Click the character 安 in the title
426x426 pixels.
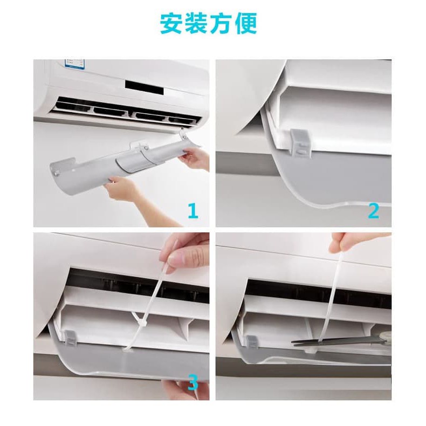tap(171, 23)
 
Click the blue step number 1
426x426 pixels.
tap(193, 210)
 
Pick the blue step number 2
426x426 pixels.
tap(373, 210)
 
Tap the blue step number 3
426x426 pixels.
tap(193, 383)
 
